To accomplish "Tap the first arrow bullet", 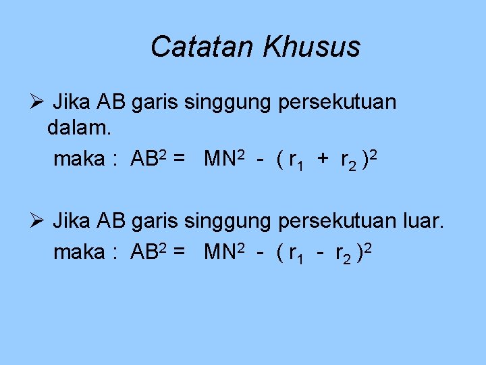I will tap(37, 103).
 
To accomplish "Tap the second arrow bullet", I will tap(37, 220).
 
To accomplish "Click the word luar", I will tap(423, 220).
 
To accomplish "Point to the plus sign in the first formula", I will tap(323, 160).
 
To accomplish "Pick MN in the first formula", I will tap(219, 160).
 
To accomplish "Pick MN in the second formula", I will tap(219, 253).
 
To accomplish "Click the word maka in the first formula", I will tap(78, 160).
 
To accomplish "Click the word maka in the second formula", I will tap(78, 253).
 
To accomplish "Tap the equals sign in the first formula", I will tap(180, 160).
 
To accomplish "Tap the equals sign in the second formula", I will tap(180, 253).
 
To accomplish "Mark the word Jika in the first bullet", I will tap(72, 103).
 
